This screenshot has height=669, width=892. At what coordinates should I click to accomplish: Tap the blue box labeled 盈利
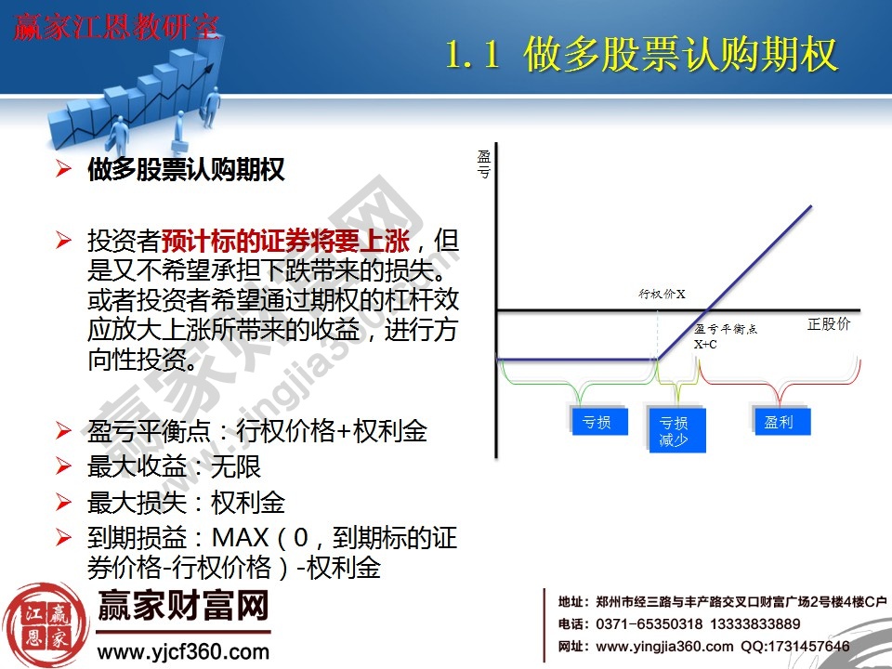(779, 422)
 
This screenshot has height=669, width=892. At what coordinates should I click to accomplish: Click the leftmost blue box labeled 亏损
(597, 422)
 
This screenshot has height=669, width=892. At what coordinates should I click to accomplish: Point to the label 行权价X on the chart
(662, 295)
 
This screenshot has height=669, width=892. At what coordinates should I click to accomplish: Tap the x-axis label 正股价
(829, 324)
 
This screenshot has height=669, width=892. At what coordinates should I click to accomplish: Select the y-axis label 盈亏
(484, 164)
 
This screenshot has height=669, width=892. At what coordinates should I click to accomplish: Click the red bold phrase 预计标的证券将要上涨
(285, 243)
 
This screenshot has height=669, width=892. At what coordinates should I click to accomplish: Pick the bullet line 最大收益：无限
(174, 466)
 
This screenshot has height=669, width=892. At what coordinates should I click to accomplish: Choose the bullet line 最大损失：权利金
(186, 503)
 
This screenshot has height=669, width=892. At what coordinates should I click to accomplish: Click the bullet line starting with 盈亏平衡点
(257, 430)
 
